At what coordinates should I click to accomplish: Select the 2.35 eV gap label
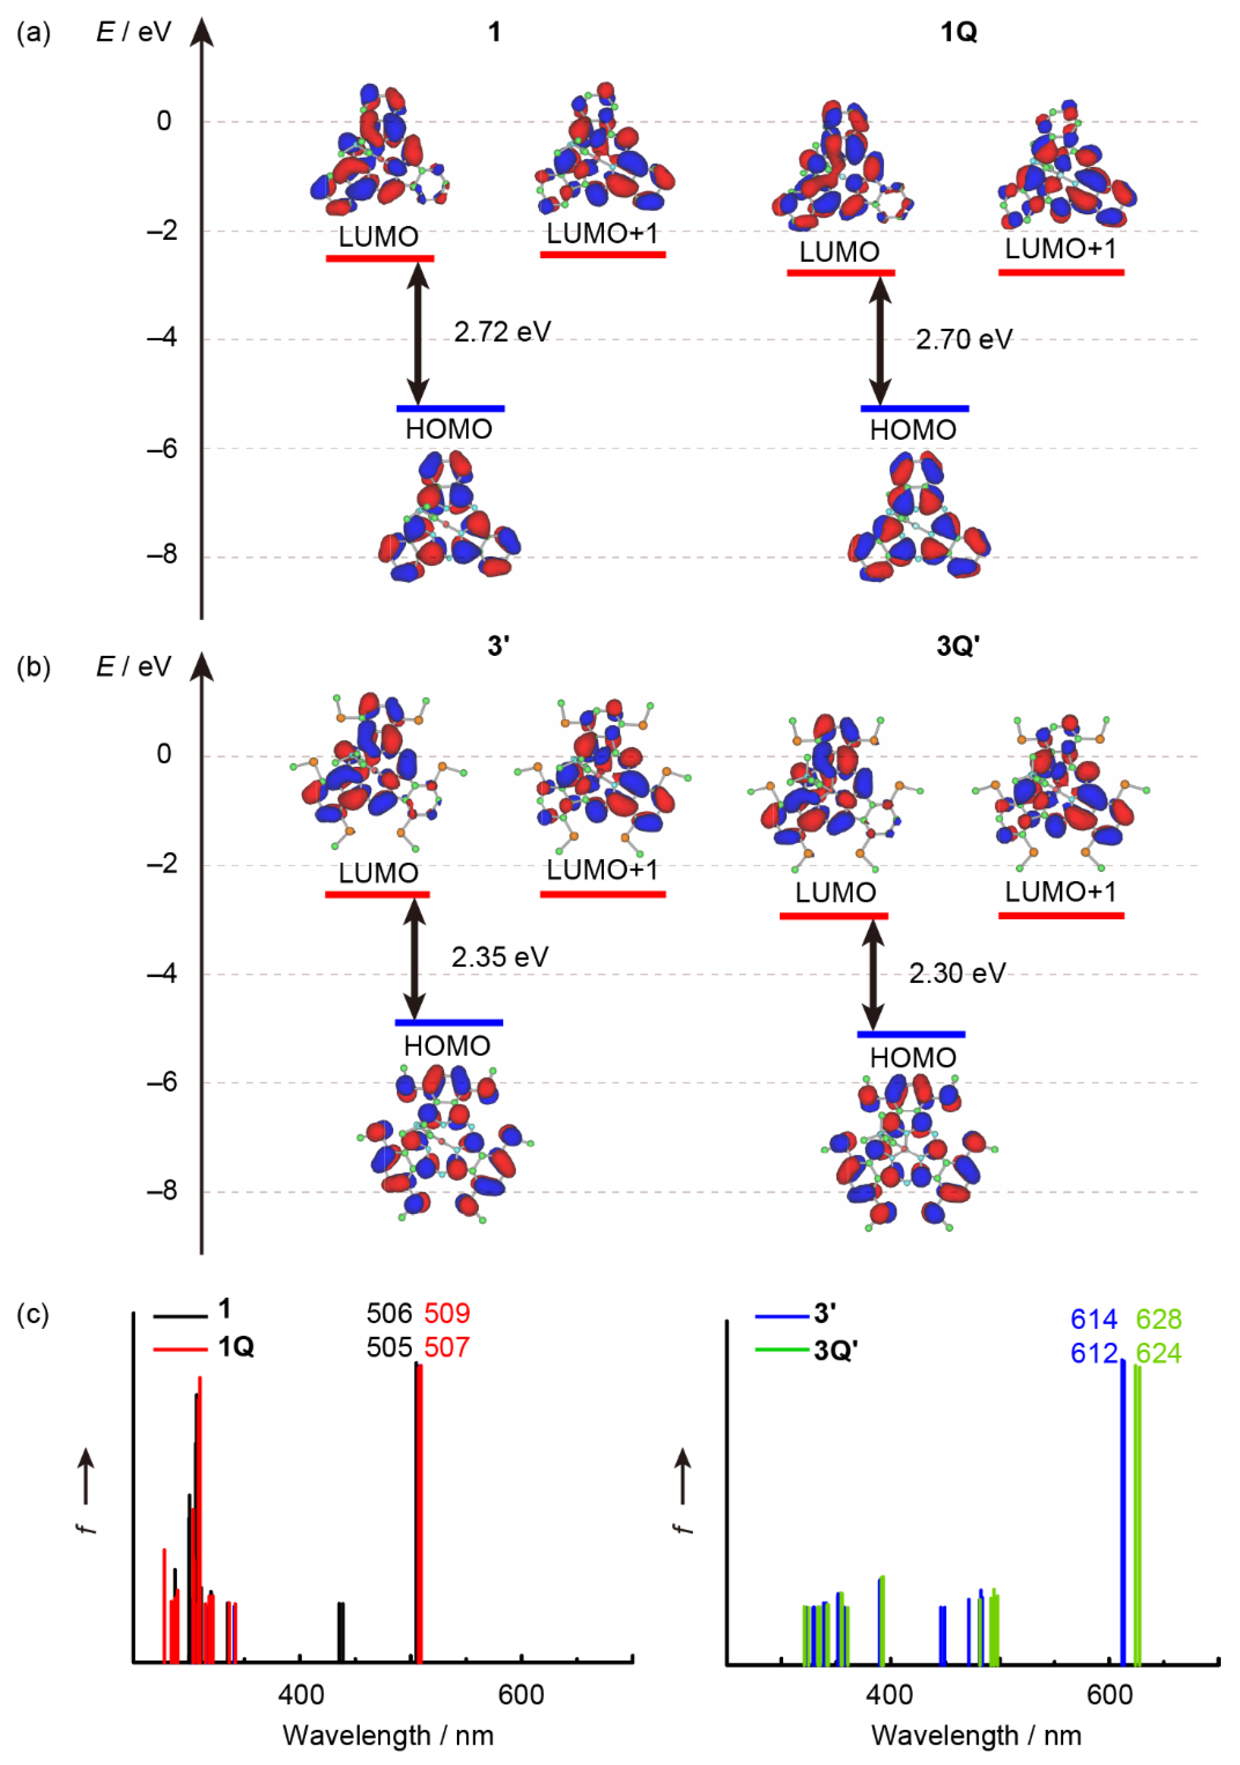[500, 957]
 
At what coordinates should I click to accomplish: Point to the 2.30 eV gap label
[957, 973]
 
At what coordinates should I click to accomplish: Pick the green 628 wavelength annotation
[1159, 1319]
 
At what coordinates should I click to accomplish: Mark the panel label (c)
[34, 1314]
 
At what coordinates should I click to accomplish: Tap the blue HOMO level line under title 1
[450, 408]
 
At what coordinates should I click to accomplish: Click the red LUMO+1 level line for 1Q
[1061, 272]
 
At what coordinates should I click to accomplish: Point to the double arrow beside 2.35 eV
[415, 959]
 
